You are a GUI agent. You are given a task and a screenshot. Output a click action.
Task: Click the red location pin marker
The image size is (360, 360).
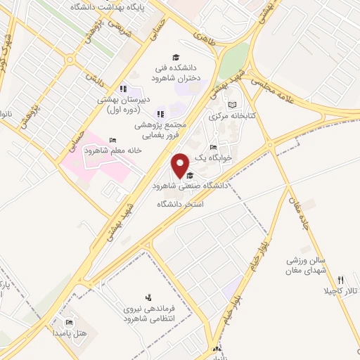point(181,166)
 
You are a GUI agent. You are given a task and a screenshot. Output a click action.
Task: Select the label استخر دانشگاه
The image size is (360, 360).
point(179,204)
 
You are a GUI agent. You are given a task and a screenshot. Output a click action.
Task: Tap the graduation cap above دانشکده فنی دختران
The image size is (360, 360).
point(175,58)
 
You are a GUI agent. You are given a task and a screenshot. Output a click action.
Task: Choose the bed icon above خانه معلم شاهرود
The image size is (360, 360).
point(114,140)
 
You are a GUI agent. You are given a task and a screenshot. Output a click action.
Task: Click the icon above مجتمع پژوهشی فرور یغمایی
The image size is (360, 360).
point(160,114)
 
